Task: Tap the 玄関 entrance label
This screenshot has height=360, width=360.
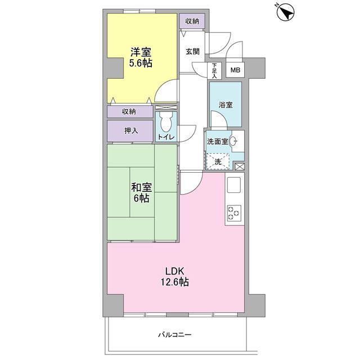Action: click(192, 51)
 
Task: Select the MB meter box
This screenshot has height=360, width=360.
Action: click(235, 70)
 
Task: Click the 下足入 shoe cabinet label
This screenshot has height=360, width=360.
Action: click(214, 71)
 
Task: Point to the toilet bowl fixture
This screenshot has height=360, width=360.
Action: click(166, 122)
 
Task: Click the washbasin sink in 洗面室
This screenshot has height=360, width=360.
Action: click(233, 141)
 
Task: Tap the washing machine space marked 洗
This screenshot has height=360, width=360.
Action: click(218, 161)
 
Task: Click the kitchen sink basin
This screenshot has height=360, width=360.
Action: click(234, 185)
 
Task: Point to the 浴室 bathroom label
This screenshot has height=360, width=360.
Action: click(226, 105)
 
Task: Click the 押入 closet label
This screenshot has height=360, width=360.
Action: click(131, 130)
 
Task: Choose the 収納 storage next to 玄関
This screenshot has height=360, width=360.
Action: click(192, 21)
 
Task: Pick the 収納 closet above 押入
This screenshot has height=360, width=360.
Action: click(130, 111)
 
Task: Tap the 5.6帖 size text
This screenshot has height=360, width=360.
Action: click(141, 62)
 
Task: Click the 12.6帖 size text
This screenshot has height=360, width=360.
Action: click(175, 282)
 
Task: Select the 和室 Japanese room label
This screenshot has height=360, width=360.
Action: click(141, 187)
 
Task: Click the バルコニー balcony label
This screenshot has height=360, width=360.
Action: click(175, 335)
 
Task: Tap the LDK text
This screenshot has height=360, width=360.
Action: click(175, 271)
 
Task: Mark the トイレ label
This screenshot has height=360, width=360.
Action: click(166, 137)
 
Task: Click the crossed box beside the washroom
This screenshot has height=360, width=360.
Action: click(240, 166)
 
